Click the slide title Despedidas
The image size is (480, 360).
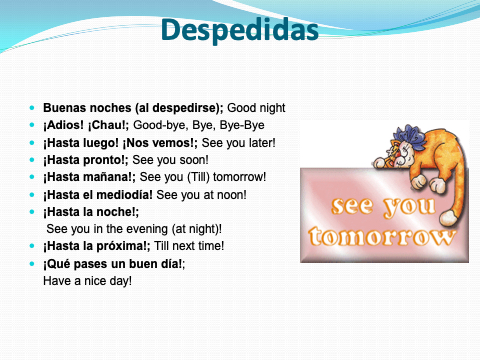coord(240,31)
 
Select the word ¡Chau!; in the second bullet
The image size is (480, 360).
coord(108,125)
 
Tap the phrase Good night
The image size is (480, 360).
coord(256,108)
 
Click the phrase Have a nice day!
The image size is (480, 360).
coord(87,281)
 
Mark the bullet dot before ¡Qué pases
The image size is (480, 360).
coord(32,264)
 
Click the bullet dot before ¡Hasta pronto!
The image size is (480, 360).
coord(32,160)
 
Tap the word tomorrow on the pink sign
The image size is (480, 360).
coord(381,236)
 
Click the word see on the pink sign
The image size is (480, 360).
coord(352,205)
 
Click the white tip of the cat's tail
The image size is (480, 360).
coord(448,218)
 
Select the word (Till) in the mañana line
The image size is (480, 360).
coord(198,177)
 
